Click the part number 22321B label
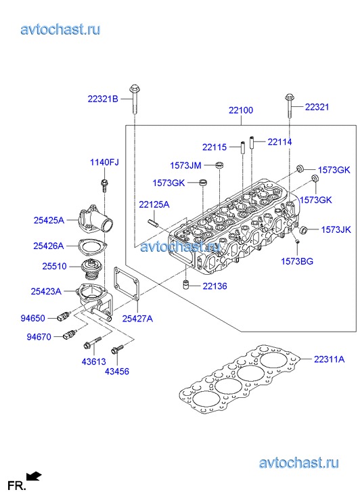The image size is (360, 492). point(103,99)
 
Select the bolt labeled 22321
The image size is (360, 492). point(290,106)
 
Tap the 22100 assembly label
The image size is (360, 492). point(241,110)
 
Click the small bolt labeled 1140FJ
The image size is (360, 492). point(104,185)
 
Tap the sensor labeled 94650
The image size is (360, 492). point(64,316)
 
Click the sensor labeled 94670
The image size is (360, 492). point(70,334)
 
